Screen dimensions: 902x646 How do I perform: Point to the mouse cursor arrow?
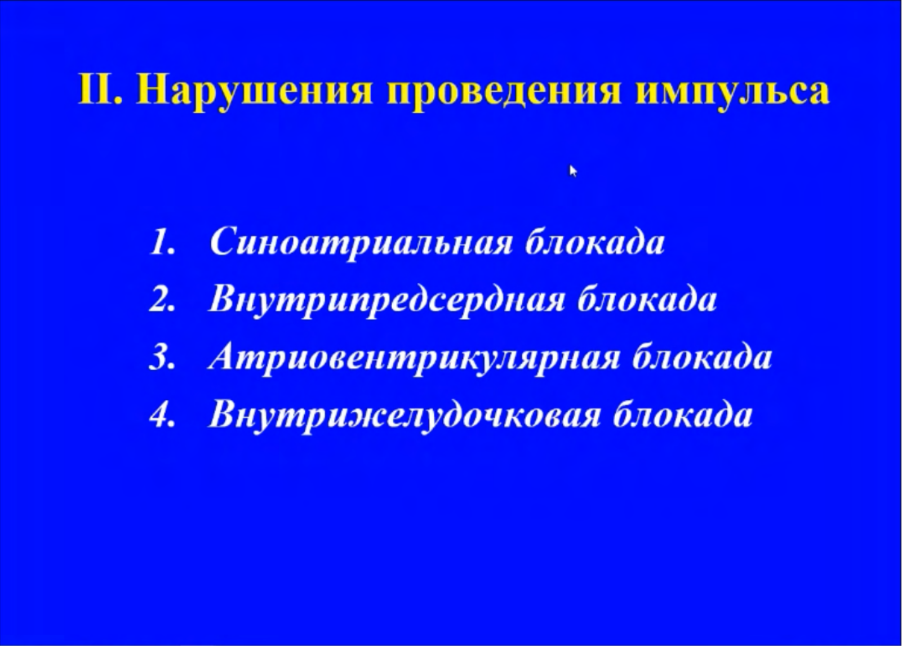[x=573, y=171]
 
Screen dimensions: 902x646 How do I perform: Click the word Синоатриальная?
[x=361, y=244]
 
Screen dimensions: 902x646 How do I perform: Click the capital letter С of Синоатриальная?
[x=224, y=242]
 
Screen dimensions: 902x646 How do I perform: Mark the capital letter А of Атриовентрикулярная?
[x=224, y=356]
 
